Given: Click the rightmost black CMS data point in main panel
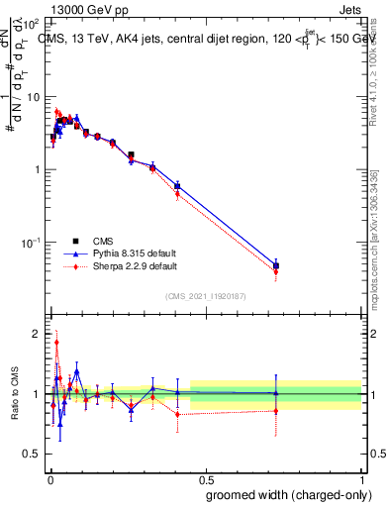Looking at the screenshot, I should click(x=277, y=265).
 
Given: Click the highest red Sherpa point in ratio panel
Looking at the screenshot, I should click(x=56, y=343).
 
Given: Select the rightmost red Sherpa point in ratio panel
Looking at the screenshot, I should click(x=277, y=410).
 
